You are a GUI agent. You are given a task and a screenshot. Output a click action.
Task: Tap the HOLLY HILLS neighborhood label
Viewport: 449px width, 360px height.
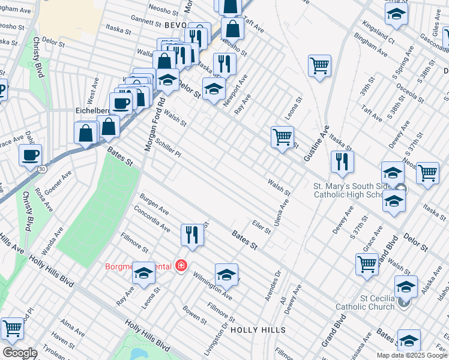(x=258, y=330)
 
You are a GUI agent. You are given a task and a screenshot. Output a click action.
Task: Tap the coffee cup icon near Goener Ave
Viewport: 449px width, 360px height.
(x=30, y=155)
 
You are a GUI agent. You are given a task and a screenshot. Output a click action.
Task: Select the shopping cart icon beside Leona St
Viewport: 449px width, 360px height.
(x=282, y=137)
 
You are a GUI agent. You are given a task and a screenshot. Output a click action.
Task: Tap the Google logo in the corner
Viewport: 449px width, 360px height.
(x=20, y=353)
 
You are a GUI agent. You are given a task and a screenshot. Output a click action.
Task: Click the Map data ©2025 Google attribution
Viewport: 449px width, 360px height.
(x=412, y=355)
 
